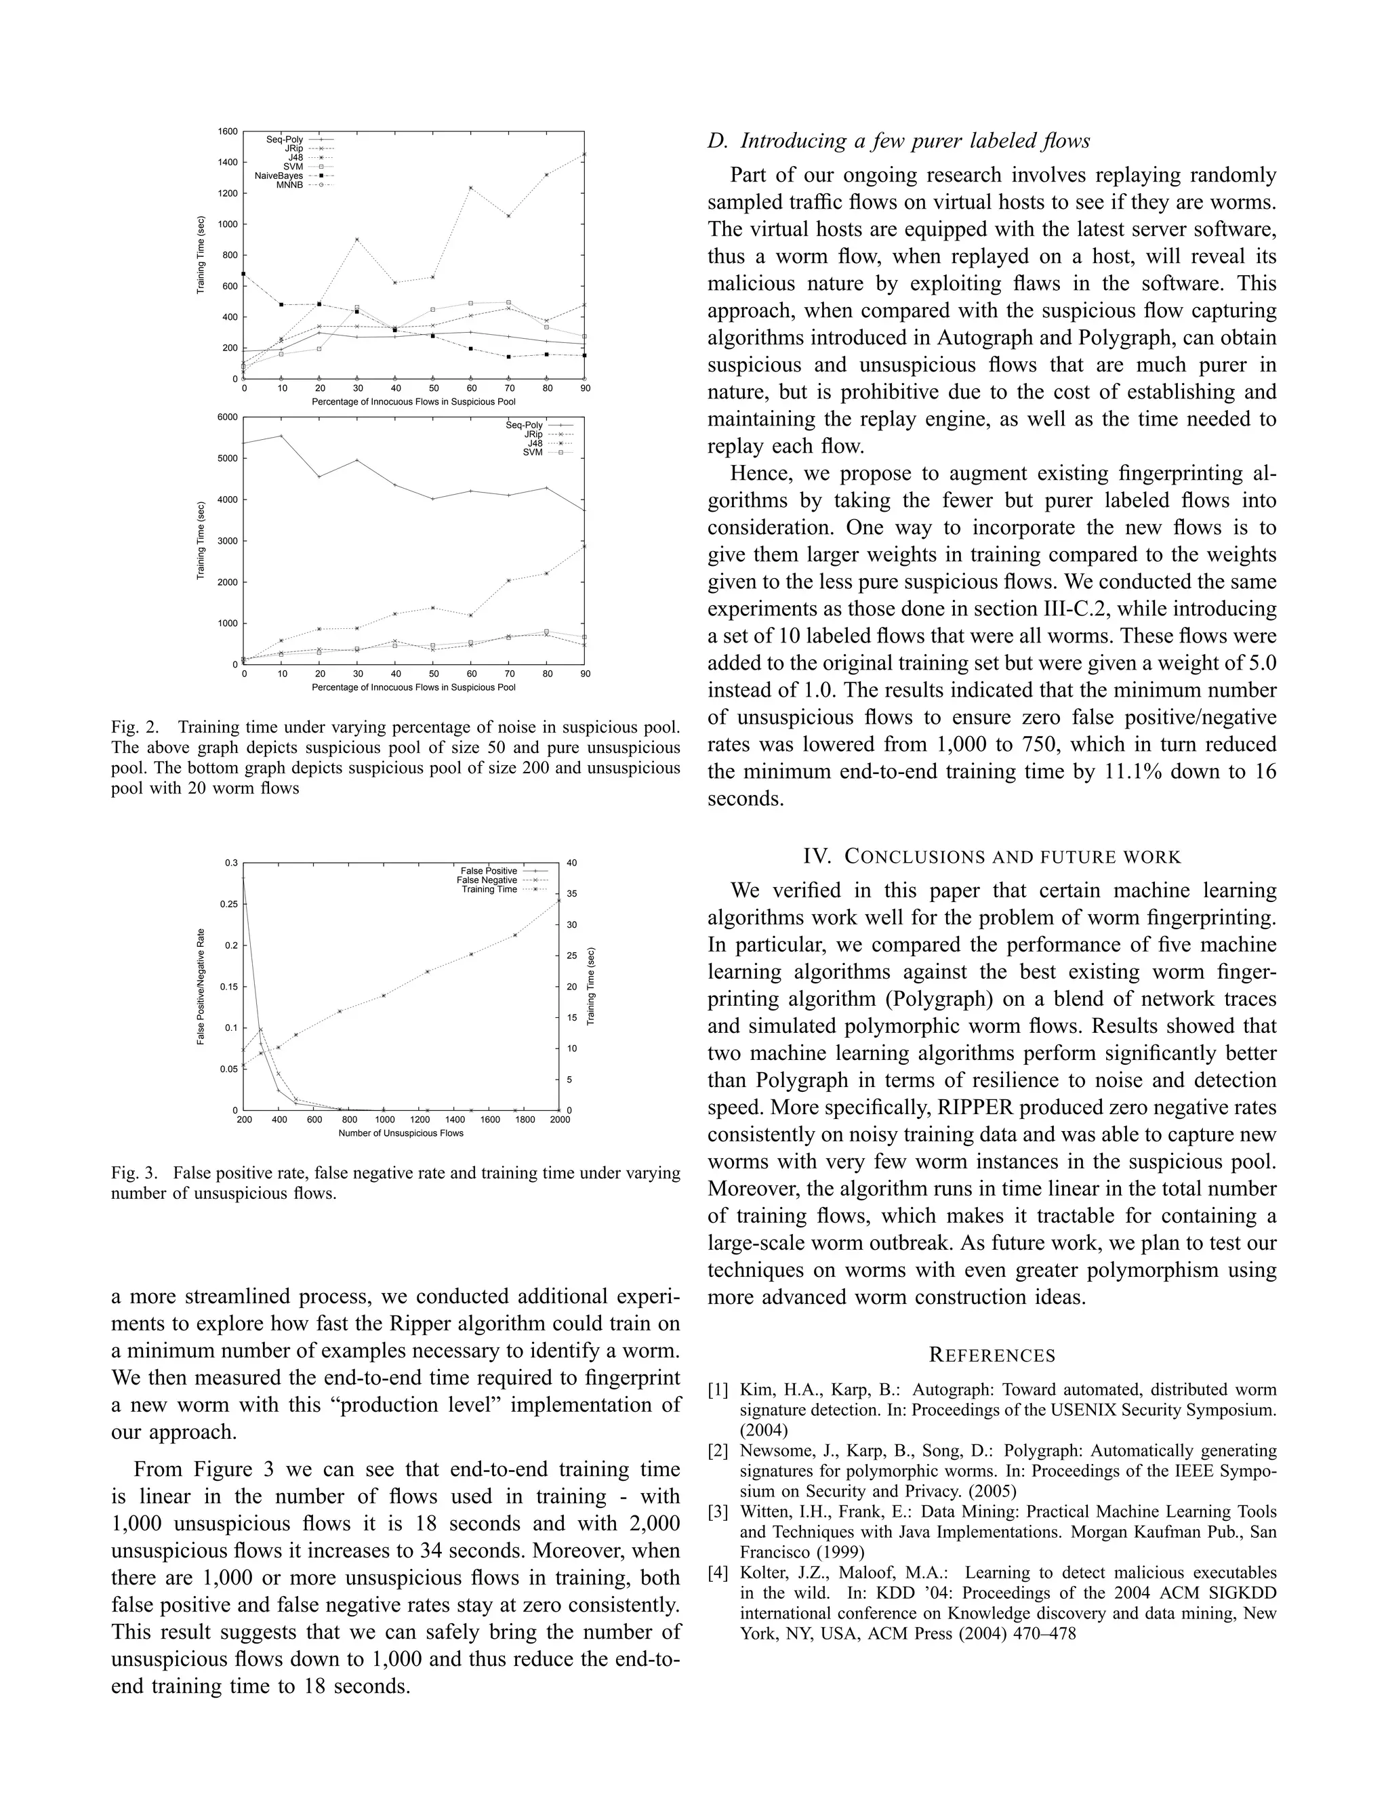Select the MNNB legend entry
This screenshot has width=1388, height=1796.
(289, 185)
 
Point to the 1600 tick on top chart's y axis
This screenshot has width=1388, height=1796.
(228, 131)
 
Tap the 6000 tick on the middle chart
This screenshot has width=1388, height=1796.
(228, 417)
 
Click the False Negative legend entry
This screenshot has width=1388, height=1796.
(487, 880)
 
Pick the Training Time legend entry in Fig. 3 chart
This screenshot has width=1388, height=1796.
(489, 889)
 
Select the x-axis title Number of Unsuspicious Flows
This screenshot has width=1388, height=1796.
(401, 1133)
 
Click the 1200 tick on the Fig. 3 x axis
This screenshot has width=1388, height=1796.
(420, 1119)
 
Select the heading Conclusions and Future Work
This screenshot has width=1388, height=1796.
(991, 857)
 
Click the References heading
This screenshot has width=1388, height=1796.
(992, 1355)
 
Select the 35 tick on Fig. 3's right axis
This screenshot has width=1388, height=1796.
(571, 894)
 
